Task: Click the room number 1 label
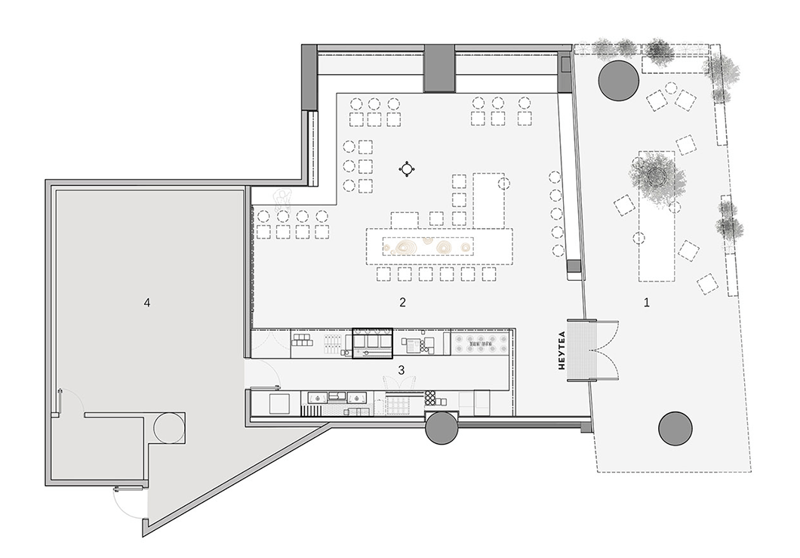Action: click(647, 303)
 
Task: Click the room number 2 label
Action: click(402, 303)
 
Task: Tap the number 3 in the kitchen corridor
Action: click(402, 370)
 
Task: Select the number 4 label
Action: click(147, 303)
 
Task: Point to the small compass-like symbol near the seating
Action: click(407, 169)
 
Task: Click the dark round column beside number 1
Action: click(675, 428)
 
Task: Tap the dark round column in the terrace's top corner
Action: click(618, 81)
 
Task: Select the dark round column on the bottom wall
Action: click(442, 427)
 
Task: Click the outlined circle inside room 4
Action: click(167, 427)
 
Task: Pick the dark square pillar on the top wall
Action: click(438, 69)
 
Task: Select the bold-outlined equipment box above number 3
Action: click(372, 343)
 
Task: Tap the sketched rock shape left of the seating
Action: click(283, 199)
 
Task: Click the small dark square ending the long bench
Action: click(574, 267)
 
